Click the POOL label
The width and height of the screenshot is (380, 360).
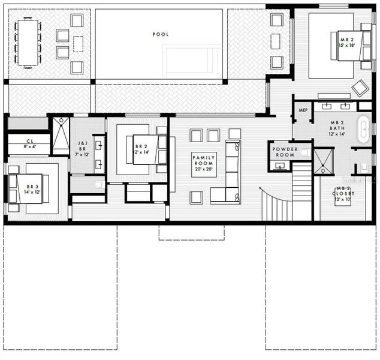click(160, 35)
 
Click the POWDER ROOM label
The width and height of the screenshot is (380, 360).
click(285, 152)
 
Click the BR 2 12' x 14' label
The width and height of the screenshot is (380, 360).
click(141, 149)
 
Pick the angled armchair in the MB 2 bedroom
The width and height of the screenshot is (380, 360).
click(360, 88)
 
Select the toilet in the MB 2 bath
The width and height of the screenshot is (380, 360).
click(364, 166)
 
